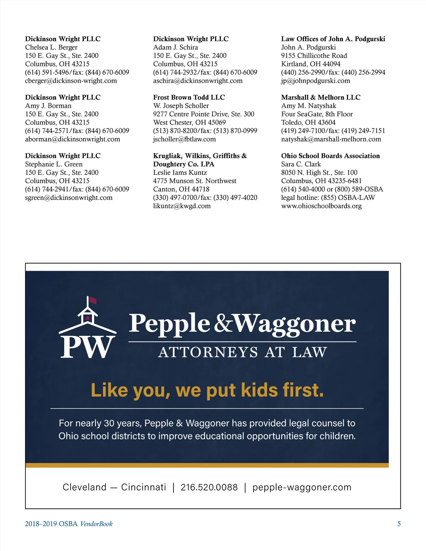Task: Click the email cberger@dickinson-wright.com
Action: (71, 81)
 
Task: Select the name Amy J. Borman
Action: (48, 106)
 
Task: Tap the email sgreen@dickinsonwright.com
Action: (69, 198)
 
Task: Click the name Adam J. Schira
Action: (175, 47)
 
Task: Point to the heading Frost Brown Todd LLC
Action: (189, 97)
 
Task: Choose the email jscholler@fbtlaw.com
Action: (184, 139)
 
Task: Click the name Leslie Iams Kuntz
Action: (180, 172)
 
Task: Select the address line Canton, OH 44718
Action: (181, 189)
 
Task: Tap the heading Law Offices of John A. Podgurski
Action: (333, 39)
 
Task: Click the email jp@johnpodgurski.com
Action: (316, 81)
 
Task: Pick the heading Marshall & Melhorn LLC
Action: (321, 97)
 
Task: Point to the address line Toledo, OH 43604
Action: (308, 122)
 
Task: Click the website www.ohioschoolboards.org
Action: (321, 206)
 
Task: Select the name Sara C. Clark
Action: (301, 164)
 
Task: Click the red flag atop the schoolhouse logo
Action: (93, 301)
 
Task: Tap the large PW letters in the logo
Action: (87, 347)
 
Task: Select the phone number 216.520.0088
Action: (209, 487)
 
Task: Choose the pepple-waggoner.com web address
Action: (302, 487)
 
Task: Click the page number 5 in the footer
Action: (399, 524)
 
